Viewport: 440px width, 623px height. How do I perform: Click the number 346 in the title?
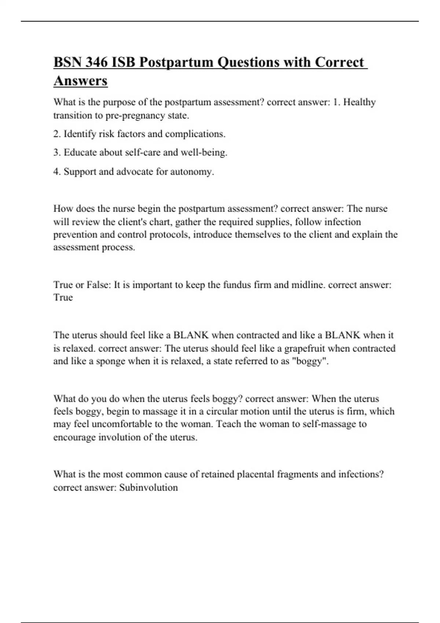click(x=97, y=62)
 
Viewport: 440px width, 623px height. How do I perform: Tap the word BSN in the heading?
click(x=67, y=62)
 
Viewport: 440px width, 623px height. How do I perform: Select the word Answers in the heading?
click(x=80, y=81)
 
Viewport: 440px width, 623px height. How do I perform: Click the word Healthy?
click(x=359, y=102)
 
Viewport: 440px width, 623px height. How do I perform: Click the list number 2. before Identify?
click(x=57, y=134)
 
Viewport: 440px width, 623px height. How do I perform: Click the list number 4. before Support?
click(x=57, y=172)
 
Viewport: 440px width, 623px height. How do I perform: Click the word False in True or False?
click(x=98, y=285)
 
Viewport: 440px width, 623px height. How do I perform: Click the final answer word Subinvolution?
click(x=148, y=487)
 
